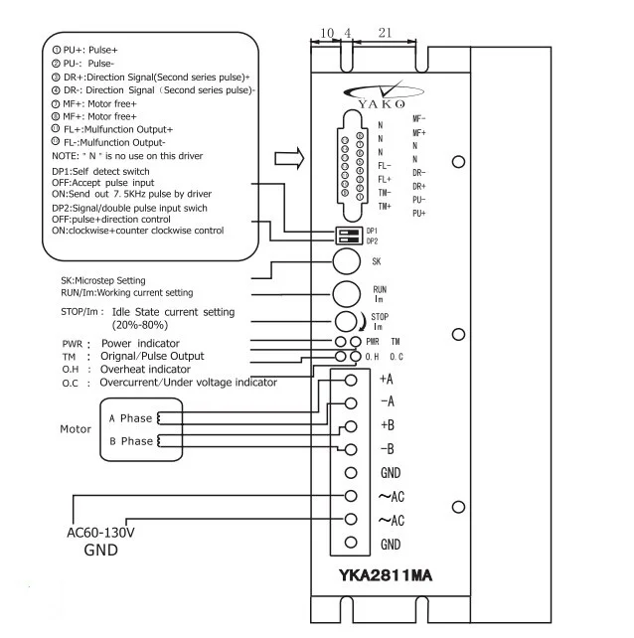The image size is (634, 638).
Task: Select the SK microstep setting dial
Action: pos(345,261)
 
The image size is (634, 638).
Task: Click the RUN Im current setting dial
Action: pos(345,293)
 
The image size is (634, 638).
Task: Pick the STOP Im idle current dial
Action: pos(346,321)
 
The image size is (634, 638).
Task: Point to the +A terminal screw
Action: pos(350,380)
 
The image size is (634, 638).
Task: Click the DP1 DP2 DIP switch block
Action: pos(348,234)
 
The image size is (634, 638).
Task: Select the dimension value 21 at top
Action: pos(386,34)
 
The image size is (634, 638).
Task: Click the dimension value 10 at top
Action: pos(327,34)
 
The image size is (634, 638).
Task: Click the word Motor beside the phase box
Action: pos(76,430)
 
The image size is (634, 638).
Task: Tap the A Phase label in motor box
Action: pos(130,418)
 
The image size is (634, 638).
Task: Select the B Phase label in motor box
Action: pos(130,441)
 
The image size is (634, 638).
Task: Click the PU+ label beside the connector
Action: pos(419,214)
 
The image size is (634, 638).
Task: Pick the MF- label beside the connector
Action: pos(419,118)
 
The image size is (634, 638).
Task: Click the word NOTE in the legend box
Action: pos(65,156)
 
